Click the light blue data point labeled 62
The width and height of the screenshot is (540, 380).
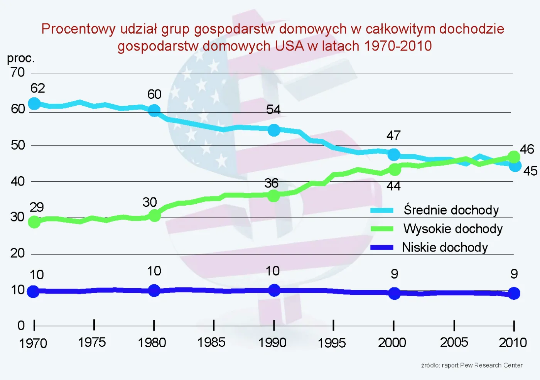[x=34, y=103]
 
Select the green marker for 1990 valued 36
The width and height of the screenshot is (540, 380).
[x=273, y=196]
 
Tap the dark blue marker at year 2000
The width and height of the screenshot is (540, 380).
[x=394, y=293]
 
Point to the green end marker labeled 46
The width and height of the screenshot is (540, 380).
[x=514, y=157]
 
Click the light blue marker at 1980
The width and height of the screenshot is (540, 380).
[x=154, y=110]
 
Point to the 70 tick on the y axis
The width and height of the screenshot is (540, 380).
[x=18, y=73]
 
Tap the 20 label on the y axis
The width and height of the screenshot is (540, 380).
[x=18, y=253]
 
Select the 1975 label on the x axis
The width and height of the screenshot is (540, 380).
[x=92, y=342]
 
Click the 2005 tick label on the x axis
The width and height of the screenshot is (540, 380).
[x=454, y=342]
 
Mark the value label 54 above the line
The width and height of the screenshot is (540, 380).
[x=273, y=110]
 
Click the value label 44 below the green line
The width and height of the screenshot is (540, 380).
[x=393, y=186]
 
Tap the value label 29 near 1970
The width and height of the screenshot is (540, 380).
[x=37, y=207]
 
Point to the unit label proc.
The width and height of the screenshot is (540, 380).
[x=21, y=58]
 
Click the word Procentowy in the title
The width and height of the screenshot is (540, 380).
[x=78, y=29]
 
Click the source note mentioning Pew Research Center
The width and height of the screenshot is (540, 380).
[x=472, y=365]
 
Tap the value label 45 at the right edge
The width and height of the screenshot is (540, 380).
[x=530, y=171]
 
